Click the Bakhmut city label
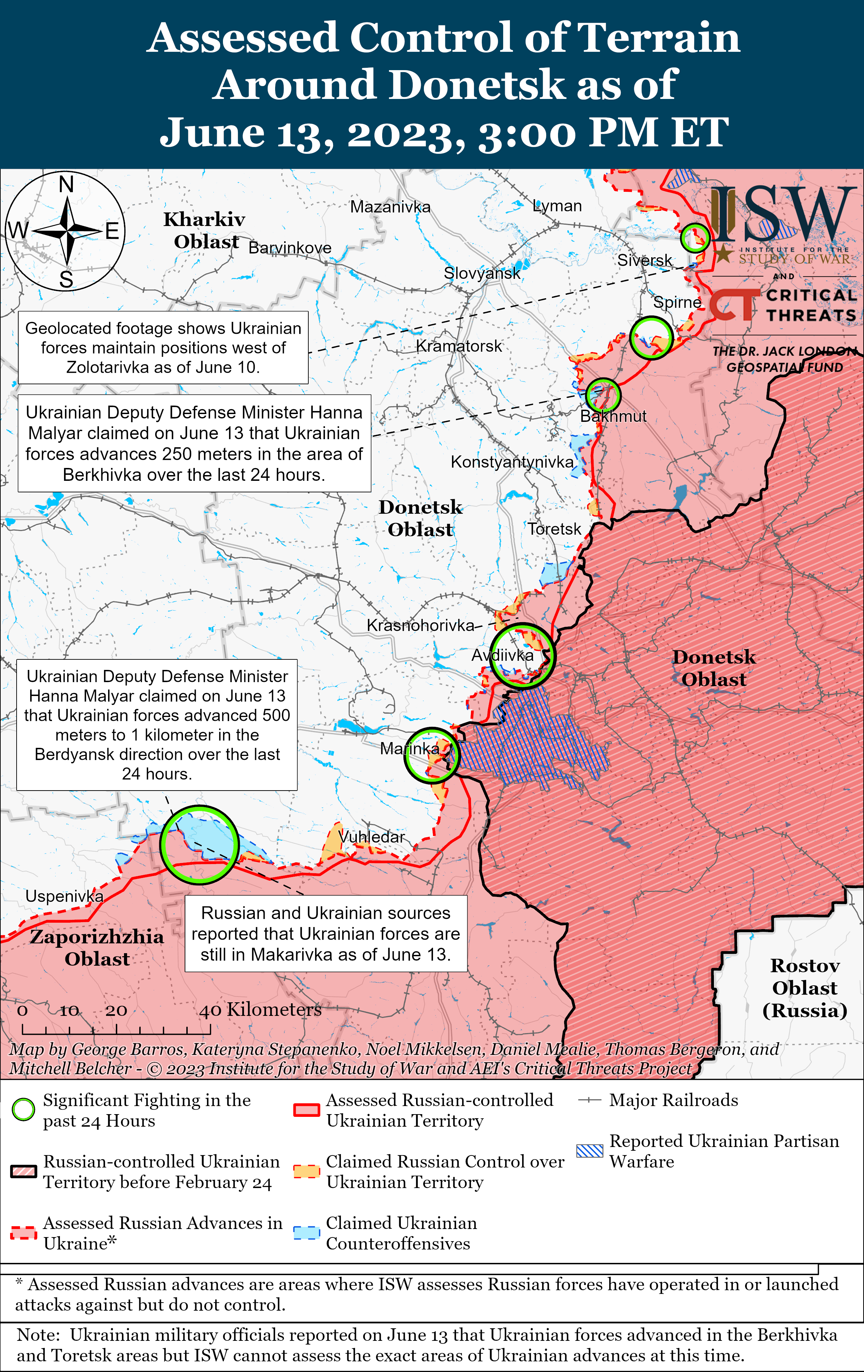click(x=613, y=416)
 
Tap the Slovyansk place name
click(x=482, y=273)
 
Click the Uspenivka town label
click(x=64, y=896)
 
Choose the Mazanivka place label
click(x=390, y=207)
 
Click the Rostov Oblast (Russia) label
click(x=804, y=988)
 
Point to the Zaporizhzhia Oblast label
click(x=97, y=947)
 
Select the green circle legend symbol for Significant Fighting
click(x=23, y=1110)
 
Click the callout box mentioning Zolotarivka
click(x=163, y=348)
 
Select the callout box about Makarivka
click(x=326, y=933)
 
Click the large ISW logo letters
click(x=783, y=214)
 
